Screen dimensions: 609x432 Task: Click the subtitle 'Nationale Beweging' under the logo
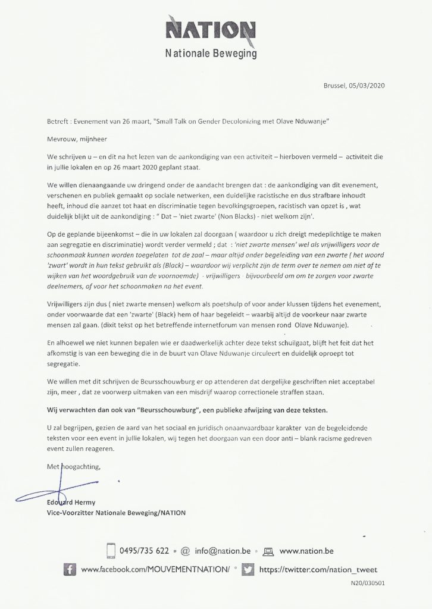(x=211, y=54)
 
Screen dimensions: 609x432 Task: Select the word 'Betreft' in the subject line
(x=58, y=122)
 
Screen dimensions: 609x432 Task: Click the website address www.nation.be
(x=305, y=551)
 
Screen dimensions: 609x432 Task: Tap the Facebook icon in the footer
(x=69, y=569)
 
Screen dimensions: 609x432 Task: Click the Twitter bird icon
(x=249, y=569)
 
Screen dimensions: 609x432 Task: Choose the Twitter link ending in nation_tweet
(x=318, y=569)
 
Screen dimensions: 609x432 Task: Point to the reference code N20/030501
(x=367, y=584)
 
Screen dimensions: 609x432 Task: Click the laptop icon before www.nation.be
(x=268, y=551)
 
